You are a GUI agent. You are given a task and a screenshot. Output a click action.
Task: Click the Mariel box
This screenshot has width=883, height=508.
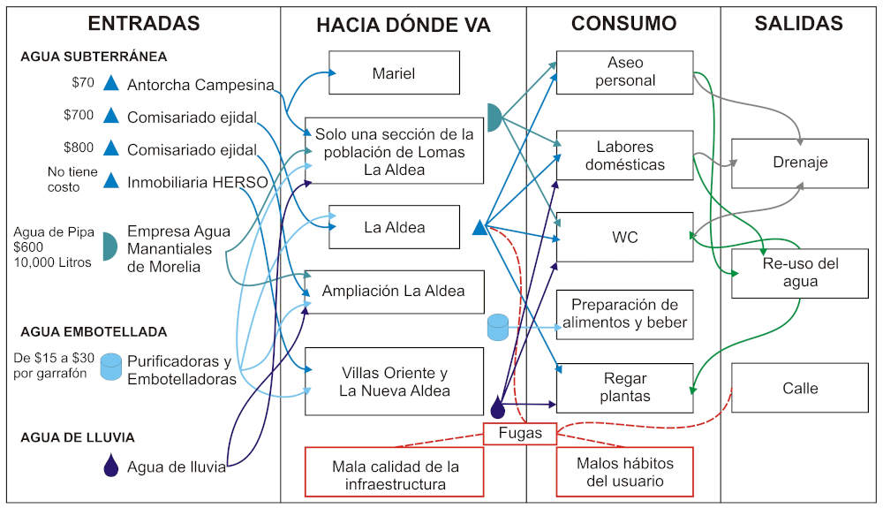point(394,73)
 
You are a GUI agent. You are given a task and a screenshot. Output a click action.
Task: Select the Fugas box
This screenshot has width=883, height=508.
point(520,434)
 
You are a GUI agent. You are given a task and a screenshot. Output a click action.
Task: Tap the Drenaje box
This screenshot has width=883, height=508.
point(800,163)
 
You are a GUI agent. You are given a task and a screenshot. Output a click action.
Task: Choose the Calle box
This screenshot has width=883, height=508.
point(800,388)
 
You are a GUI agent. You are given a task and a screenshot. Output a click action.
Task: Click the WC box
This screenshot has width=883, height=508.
point(624,237)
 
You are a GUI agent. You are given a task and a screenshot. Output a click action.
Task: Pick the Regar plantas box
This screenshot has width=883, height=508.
point(624,388)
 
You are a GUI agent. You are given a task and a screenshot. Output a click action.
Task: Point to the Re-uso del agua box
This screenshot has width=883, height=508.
point(800,273)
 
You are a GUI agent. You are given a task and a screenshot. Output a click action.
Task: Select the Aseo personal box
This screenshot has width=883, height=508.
point(624,72)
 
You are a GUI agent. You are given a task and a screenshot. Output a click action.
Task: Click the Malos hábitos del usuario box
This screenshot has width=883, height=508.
point(624,472)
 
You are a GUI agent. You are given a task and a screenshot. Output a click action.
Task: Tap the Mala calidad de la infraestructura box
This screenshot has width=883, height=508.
point(394,472)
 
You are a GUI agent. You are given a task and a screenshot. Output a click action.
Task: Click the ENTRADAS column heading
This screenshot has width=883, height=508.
point(144,24)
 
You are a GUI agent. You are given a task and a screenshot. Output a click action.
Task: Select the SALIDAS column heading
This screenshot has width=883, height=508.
point(798,24)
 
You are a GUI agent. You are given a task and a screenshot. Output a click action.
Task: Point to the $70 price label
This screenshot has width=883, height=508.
point(83,84)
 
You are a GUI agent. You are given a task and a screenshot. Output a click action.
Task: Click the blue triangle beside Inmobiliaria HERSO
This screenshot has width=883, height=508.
point(110,181)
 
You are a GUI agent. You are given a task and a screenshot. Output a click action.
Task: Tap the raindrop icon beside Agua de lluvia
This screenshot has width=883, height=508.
point(110,466)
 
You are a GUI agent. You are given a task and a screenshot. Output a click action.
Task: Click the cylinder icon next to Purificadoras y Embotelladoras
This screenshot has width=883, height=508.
point(110,367)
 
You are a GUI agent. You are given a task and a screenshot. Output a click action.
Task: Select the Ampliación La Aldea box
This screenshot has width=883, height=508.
point(394,291)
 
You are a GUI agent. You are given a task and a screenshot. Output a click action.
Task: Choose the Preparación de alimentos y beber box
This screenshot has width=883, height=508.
point(624,315)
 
